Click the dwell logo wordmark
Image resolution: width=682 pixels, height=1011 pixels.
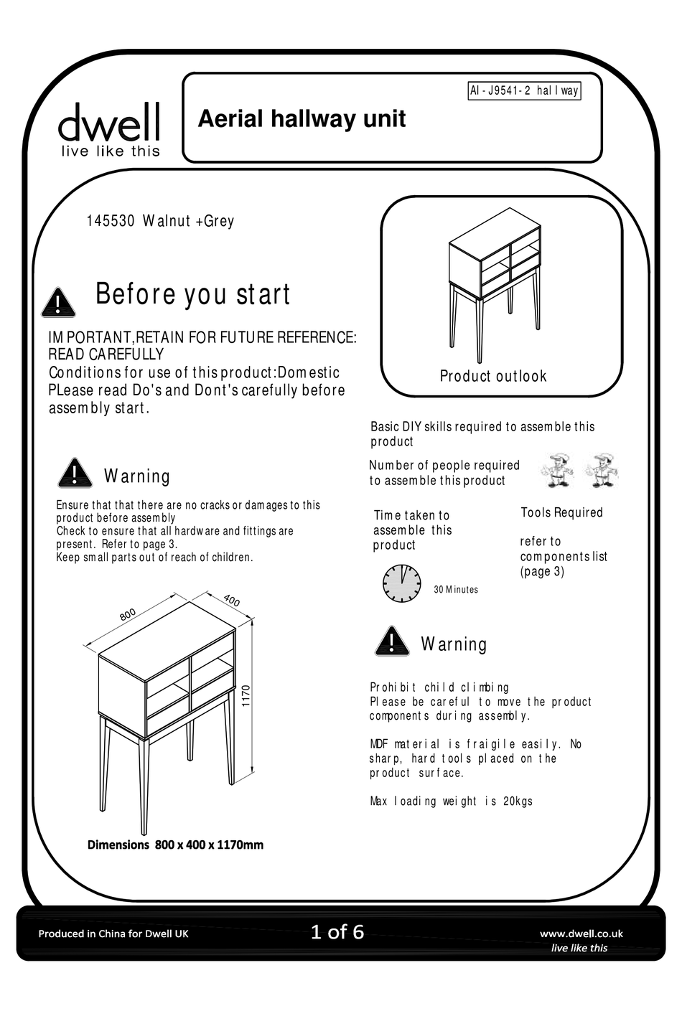[108, 123]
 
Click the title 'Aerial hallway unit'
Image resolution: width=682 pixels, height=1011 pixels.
[302, 118]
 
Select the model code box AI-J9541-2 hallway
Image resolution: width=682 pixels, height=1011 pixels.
[524, 91]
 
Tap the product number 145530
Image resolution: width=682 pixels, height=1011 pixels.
[111, 221]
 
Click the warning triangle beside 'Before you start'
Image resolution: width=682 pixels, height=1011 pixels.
[58, 303]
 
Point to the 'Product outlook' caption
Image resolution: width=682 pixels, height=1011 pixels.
[493, 376]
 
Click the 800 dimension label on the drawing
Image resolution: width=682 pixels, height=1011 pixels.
[128, 615]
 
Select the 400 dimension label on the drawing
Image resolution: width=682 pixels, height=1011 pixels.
[232, 601]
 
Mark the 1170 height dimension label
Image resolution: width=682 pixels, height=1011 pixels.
[246, 696]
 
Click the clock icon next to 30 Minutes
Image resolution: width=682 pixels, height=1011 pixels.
[401, 583]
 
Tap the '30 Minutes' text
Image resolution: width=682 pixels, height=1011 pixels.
[456, 590]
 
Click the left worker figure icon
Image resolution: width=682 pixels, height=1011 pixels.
[557, 471]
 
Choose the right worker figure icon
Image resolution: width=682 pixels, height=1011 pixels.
[602, 471]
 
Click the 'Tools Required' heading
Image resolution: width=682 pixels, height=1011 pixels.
[561, 512]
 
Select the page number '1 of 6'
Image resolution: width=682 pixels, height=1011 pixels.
[337, 932]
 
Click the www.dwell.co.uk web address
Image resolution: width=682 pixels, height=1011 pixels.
[581, 934]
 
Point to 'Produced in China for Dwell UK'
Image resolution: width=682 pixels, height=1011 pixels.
[113, 934]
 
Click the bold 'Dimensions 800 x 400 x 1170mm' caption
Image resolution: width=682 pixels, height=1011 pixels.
[175, 845]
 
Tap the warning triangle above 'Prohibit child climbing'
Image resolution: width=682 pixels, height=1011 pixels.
[392, 641]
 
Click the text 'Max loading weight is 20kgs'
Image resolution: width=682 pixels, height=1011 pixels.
[451, 801]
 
